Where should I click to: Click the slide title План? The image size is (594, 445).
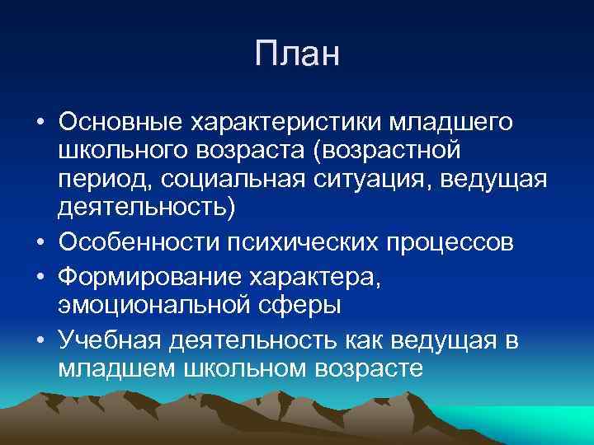click(297, 55)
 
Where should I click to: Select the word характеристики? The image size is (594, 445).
click(280, 123)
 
